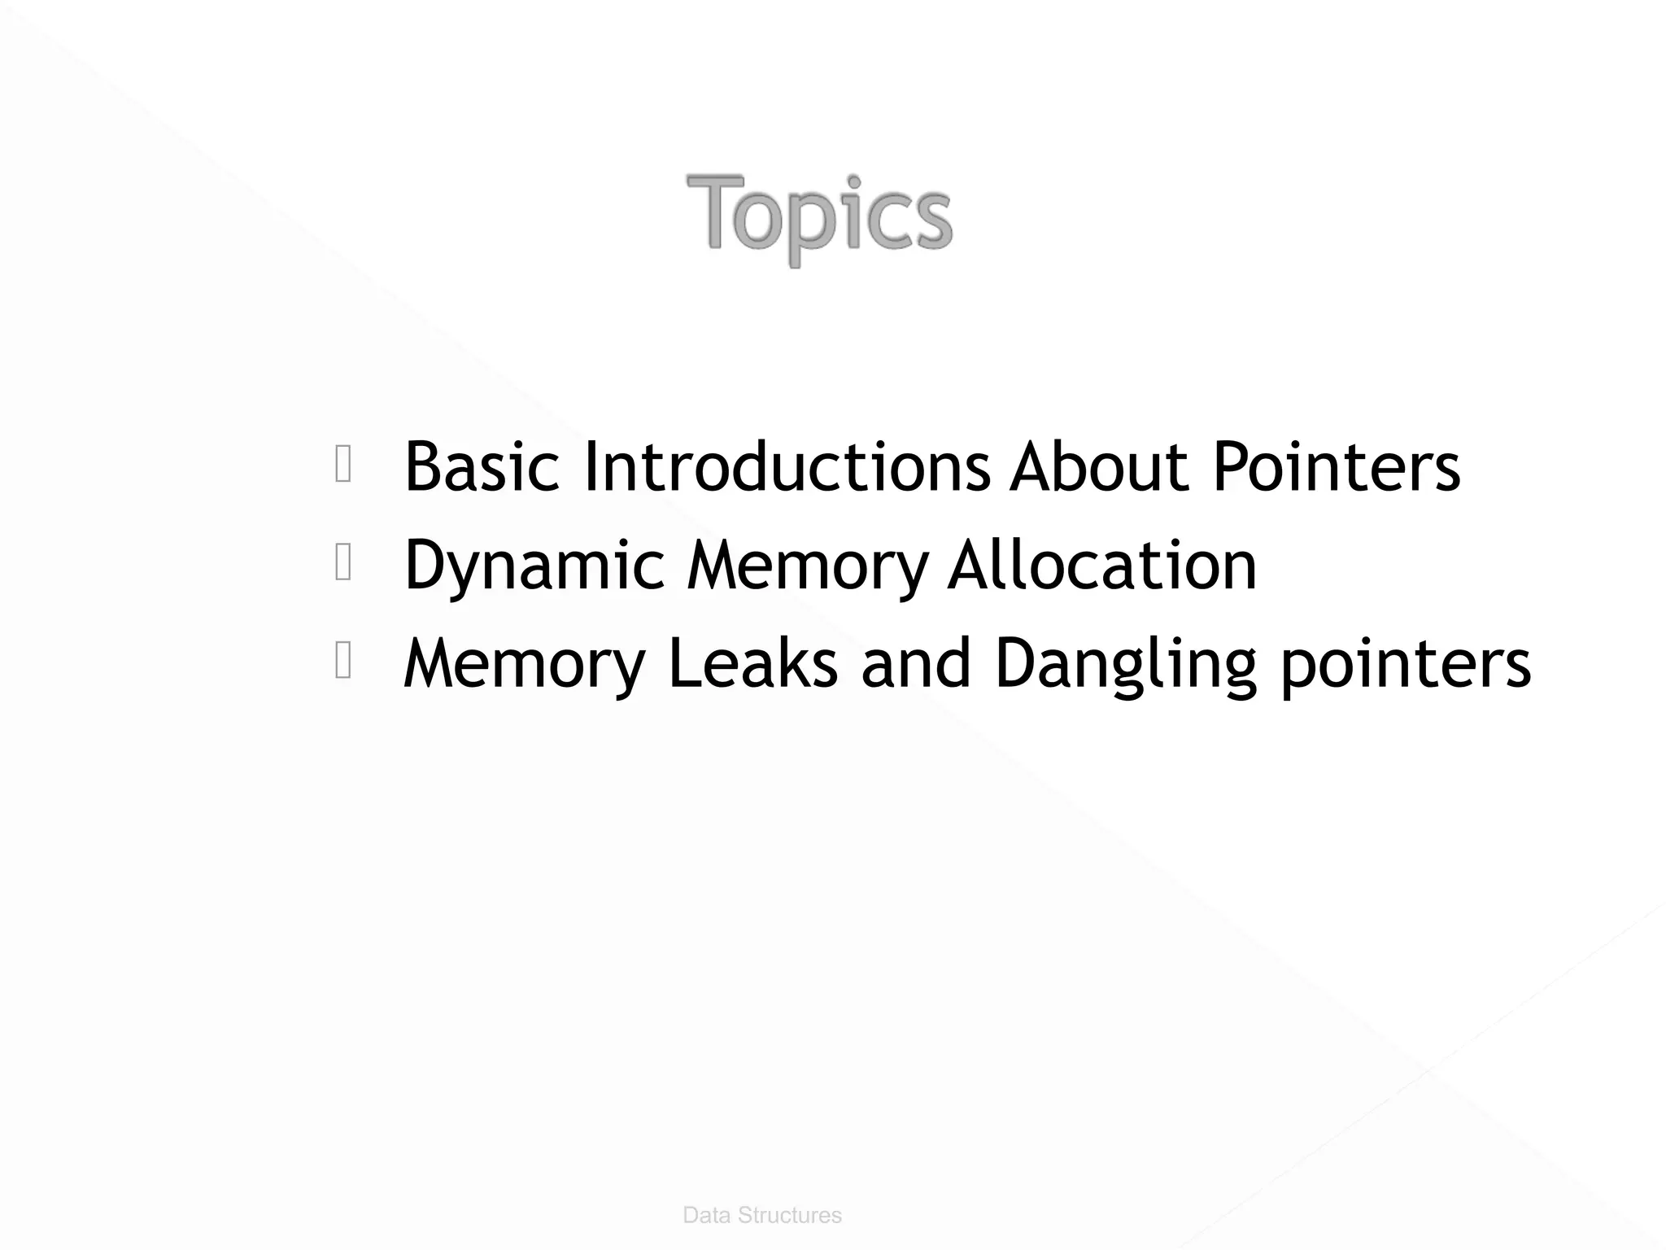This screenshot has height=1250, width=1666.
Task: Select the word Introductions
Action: (x=787, y=467)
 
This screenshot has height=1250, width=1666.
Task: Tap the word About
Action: (x=1100, y=467)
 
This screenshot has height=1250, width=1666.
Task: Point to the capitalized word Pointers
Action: (x=1337, y=467)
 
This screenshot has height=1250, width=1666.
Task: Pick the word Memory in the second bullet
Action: (x=807, y=566)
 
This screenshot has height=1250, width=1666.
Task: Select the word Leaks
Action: (x=752, y=664)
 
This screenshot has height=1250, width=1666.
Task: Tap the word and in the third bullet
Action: (x=915, y=664)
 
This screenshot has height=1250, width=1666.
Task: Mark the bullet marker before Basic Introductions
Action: (x=343, y=465)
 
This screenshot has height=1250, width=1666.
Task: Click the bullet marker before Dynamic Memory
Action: (x=343, y=564)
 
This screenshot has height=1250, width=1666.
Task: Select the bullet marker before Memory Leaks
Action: (x=343, y=661)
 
